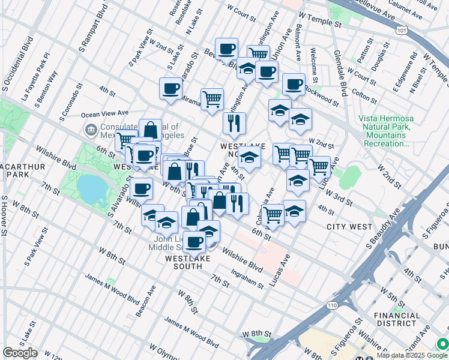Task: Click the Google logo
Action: click(x=20, y=353)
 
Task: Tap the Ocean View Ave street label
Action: click(x=105, y=113)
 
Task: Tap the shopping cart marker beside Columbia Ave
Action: click(x=273, y=214)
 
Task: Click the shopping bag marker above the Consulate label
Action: click(x=150, y=129)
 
